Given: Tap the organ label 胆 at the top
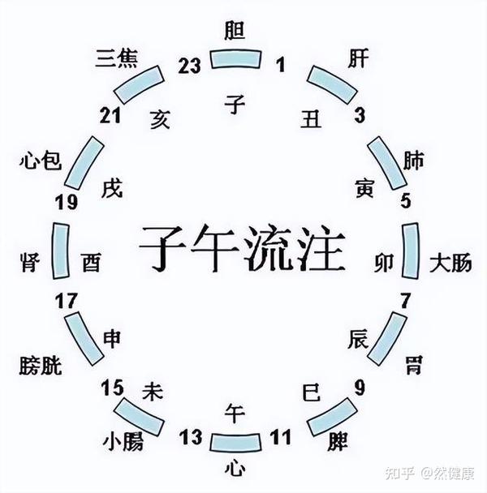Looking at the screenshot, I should point(235,30).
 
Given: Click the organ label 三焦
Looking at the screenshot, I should point(116,59).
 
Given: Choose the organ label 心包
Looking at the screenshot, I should point(39,161).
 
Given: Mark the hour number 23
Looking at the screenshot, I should point(189,67).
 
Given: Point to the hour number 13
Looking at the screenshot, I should point(191,439).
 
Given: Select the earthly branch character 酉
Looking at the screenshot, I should point(92,263).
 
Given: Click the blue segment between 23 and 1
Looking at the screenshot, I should point(236,58).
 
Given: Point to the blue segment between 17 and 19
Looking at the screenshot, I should point(58,250).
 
